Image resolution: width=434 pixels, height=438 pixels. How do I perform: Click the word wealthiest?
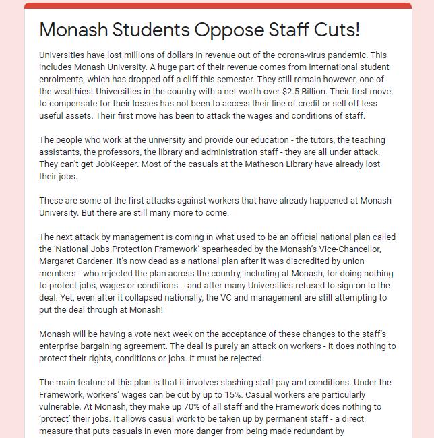pos(96,91)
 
